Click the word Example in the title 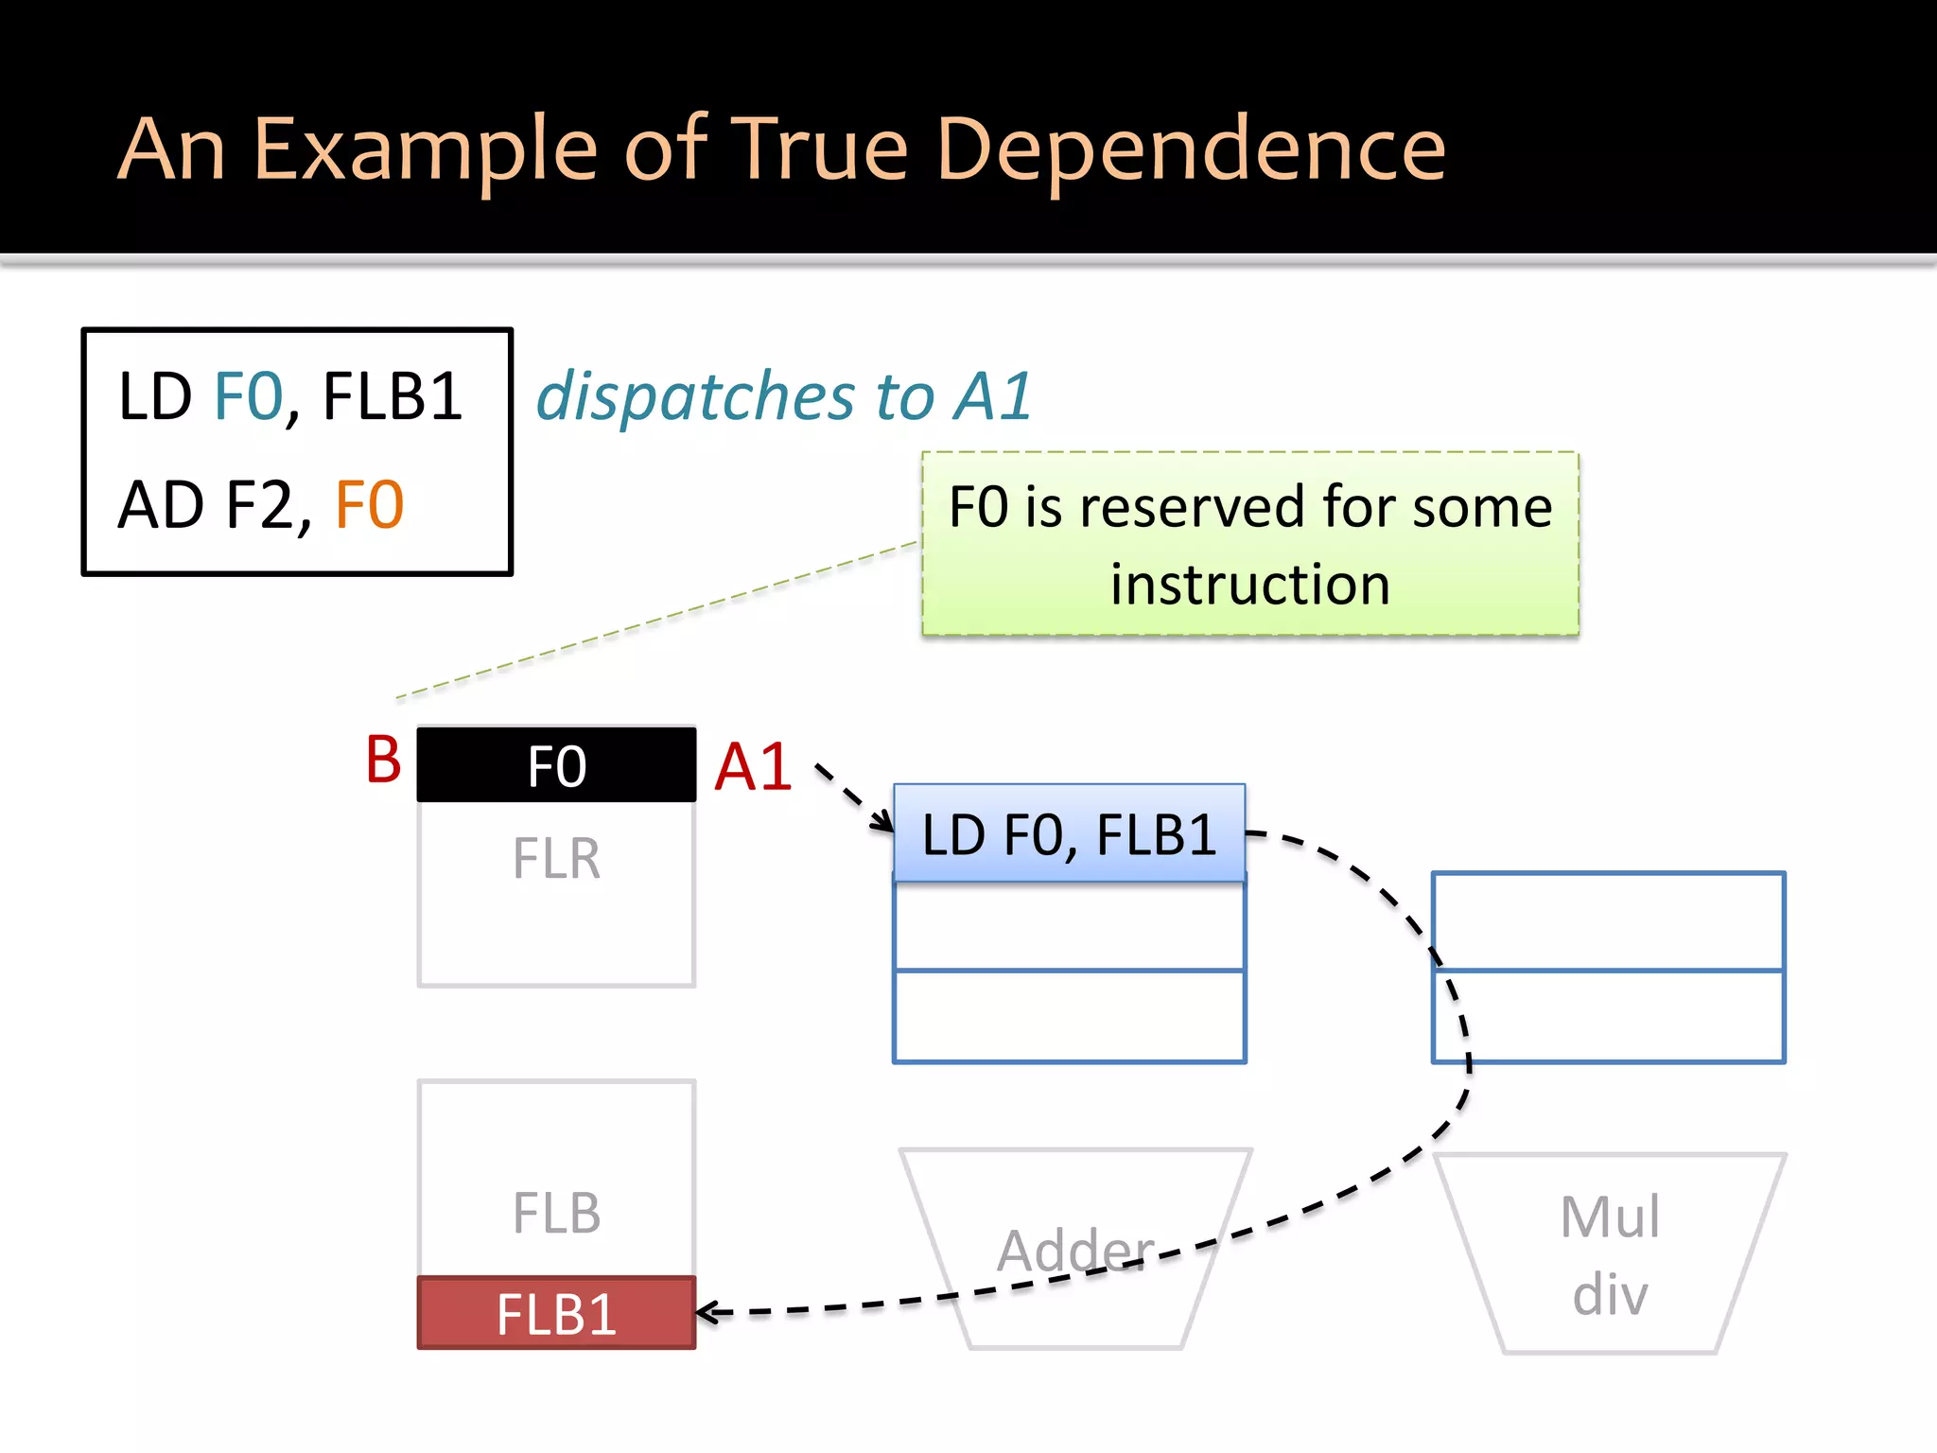pyautogui.click(x=426, y=149)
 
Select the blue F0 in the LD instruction pyautogui.click(x=249, y=396)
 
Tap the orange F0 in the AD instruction pyautogui.click(x=370, y=505)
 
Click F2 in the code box pyautogui.click(x=259, y=505)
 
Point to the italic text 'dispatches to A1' pyautogui.click(x=783, y=396)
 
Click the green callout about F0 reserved pyautogui.click(x=1249, y=544)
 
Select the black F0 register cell pyautogui.click(x=556, y=765)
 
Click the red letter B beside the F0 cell pyautogui.click(x=383, y=760)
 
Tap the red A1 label pyautogui.click(x=753, y=766)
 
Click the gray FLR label pyautogui.click(x=556, y=859)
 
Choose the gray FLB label pyautogui.click(x=556, y=1214)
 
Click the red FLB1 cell pyautogui.click(x=556, y=1314)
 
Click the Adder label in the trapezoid pyautogui.click(x=1075, y=1251)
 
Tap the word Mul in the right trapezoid pyautogui.click(x=1610, y=1217)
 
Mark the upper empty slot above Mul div pyautogui.click(x=1608, y=921)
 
